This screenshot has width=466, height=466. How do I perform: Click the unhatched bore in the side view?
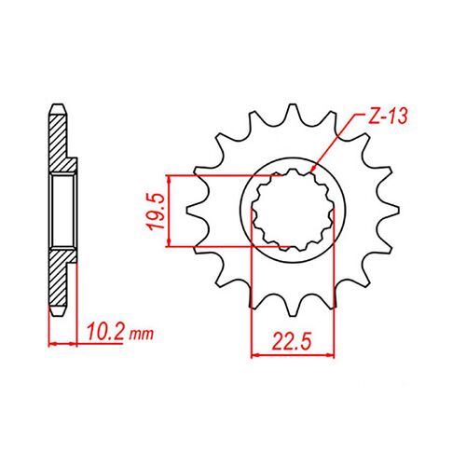(x=62, y=210)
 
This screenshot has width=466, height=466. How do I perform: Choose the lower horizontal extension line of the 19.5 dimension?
(x=224, y=247)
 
